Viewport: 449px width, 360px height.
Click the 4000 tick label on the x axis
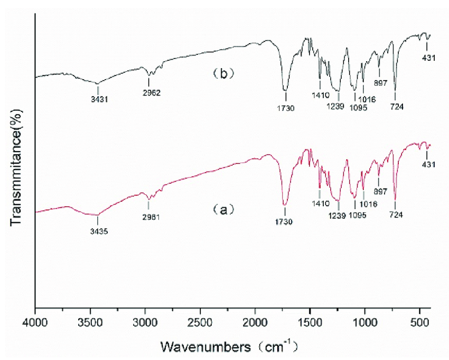pos(35,321)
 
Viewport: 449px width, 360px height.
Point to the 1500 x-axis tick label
pos(310,321)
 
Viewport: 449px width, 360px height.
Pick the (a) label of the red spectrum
pos(223,210)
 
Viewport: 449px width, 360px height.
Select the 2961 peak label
pos(151,217)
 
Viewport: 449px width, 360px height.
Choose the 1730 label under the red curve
pos(285,222)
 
